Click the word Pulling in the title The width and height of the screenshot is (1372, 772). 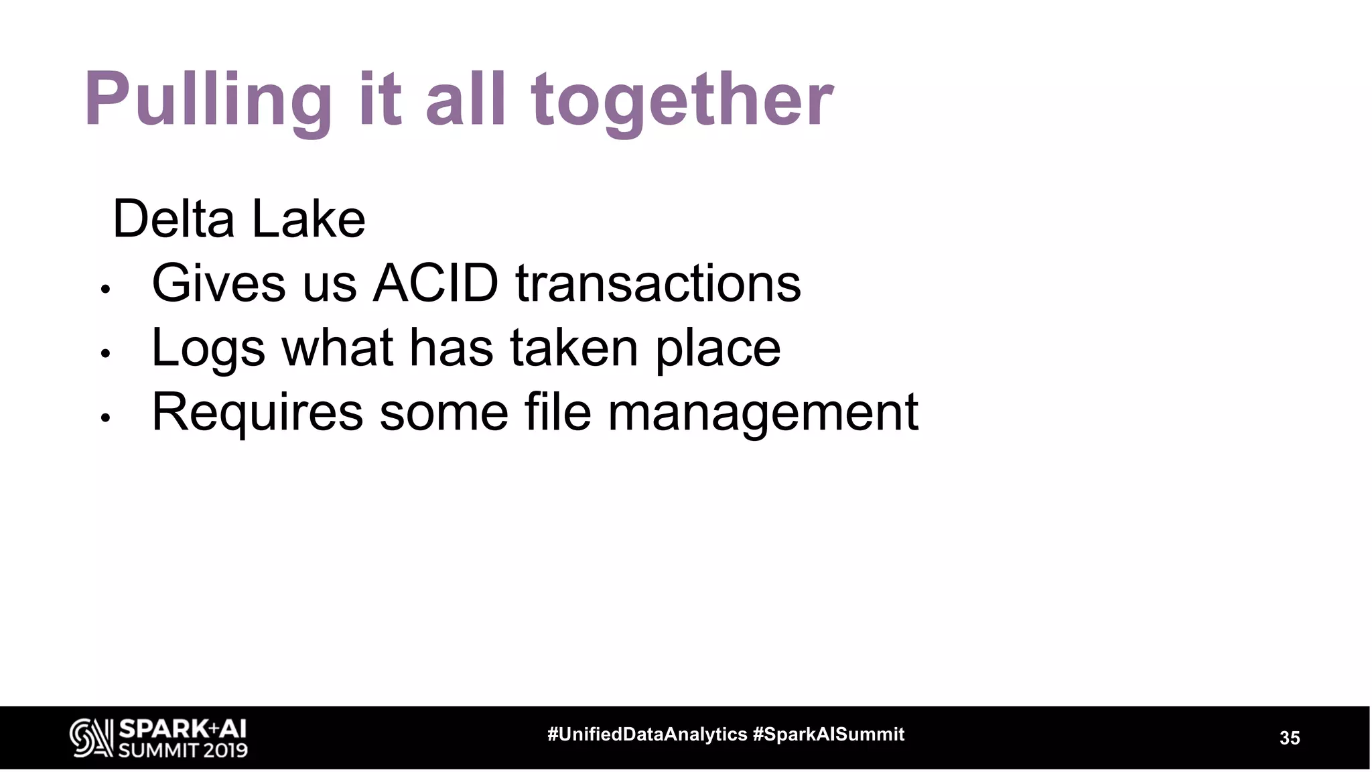(x=208, y=101)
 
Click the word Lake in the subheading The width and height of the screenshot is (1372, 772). (x=309, y=219)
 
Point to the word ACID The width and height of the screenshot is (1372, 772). (x=435, y=283)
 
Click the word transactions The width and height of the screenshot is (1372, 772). (x=658, y=283)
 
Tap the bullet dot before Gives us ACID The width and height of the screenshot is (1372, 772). (x=105, y=289)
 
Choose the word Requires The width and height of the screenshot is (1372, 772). (x=257, y=413)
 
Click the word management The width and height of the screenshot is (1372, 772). (x=763, y=413)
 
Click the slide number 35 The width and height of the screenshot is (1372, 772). (x=1290, y=738)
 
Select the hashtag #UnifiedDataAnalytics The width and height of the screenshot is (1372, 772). (x=647, y=734)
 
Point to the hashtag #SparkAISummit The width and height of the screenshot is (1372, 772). (x=829, y=734)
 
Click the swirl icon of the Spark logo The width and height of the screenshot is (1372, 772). (x=91, y=738)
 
